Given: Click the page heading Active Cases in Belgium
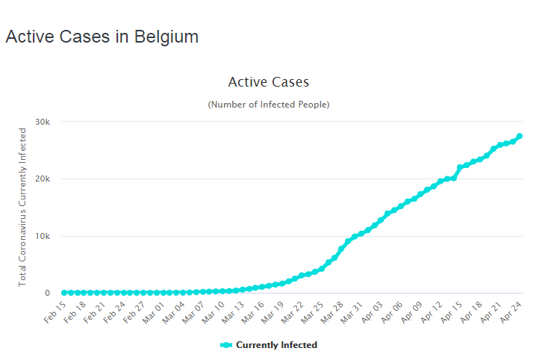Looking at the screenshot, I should (x=102, y=37).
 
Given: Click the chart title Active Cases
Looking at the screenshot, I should (x=268, y=81).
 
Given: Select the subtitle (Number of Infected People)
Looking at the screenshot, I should (x=268, y=105).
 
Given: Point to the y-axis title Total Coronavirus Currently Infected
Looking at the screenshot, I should (x=22, y=206).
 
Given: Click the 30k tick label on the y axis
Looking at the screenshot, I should (x=43, y=122).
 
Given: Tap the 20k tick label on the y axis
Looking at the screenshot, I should (x=43, y=179).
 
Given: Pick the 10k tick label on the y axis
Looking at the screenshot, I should (x=43, y=236).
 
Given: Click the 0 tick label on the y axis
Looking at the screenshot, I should (x=46, y=293).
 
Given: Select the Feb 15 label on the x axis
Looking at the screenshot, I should (x=54, y=311).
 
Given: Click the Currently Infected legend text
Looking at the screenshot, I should (x=276, y=345).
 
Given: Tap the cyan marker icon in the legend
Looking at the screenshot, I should (x=227, y=345).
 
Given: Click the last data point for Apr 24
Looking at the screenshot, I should (x=520, y=136).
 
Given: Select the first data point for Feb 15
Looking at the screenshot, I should (x=64, y=293).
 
